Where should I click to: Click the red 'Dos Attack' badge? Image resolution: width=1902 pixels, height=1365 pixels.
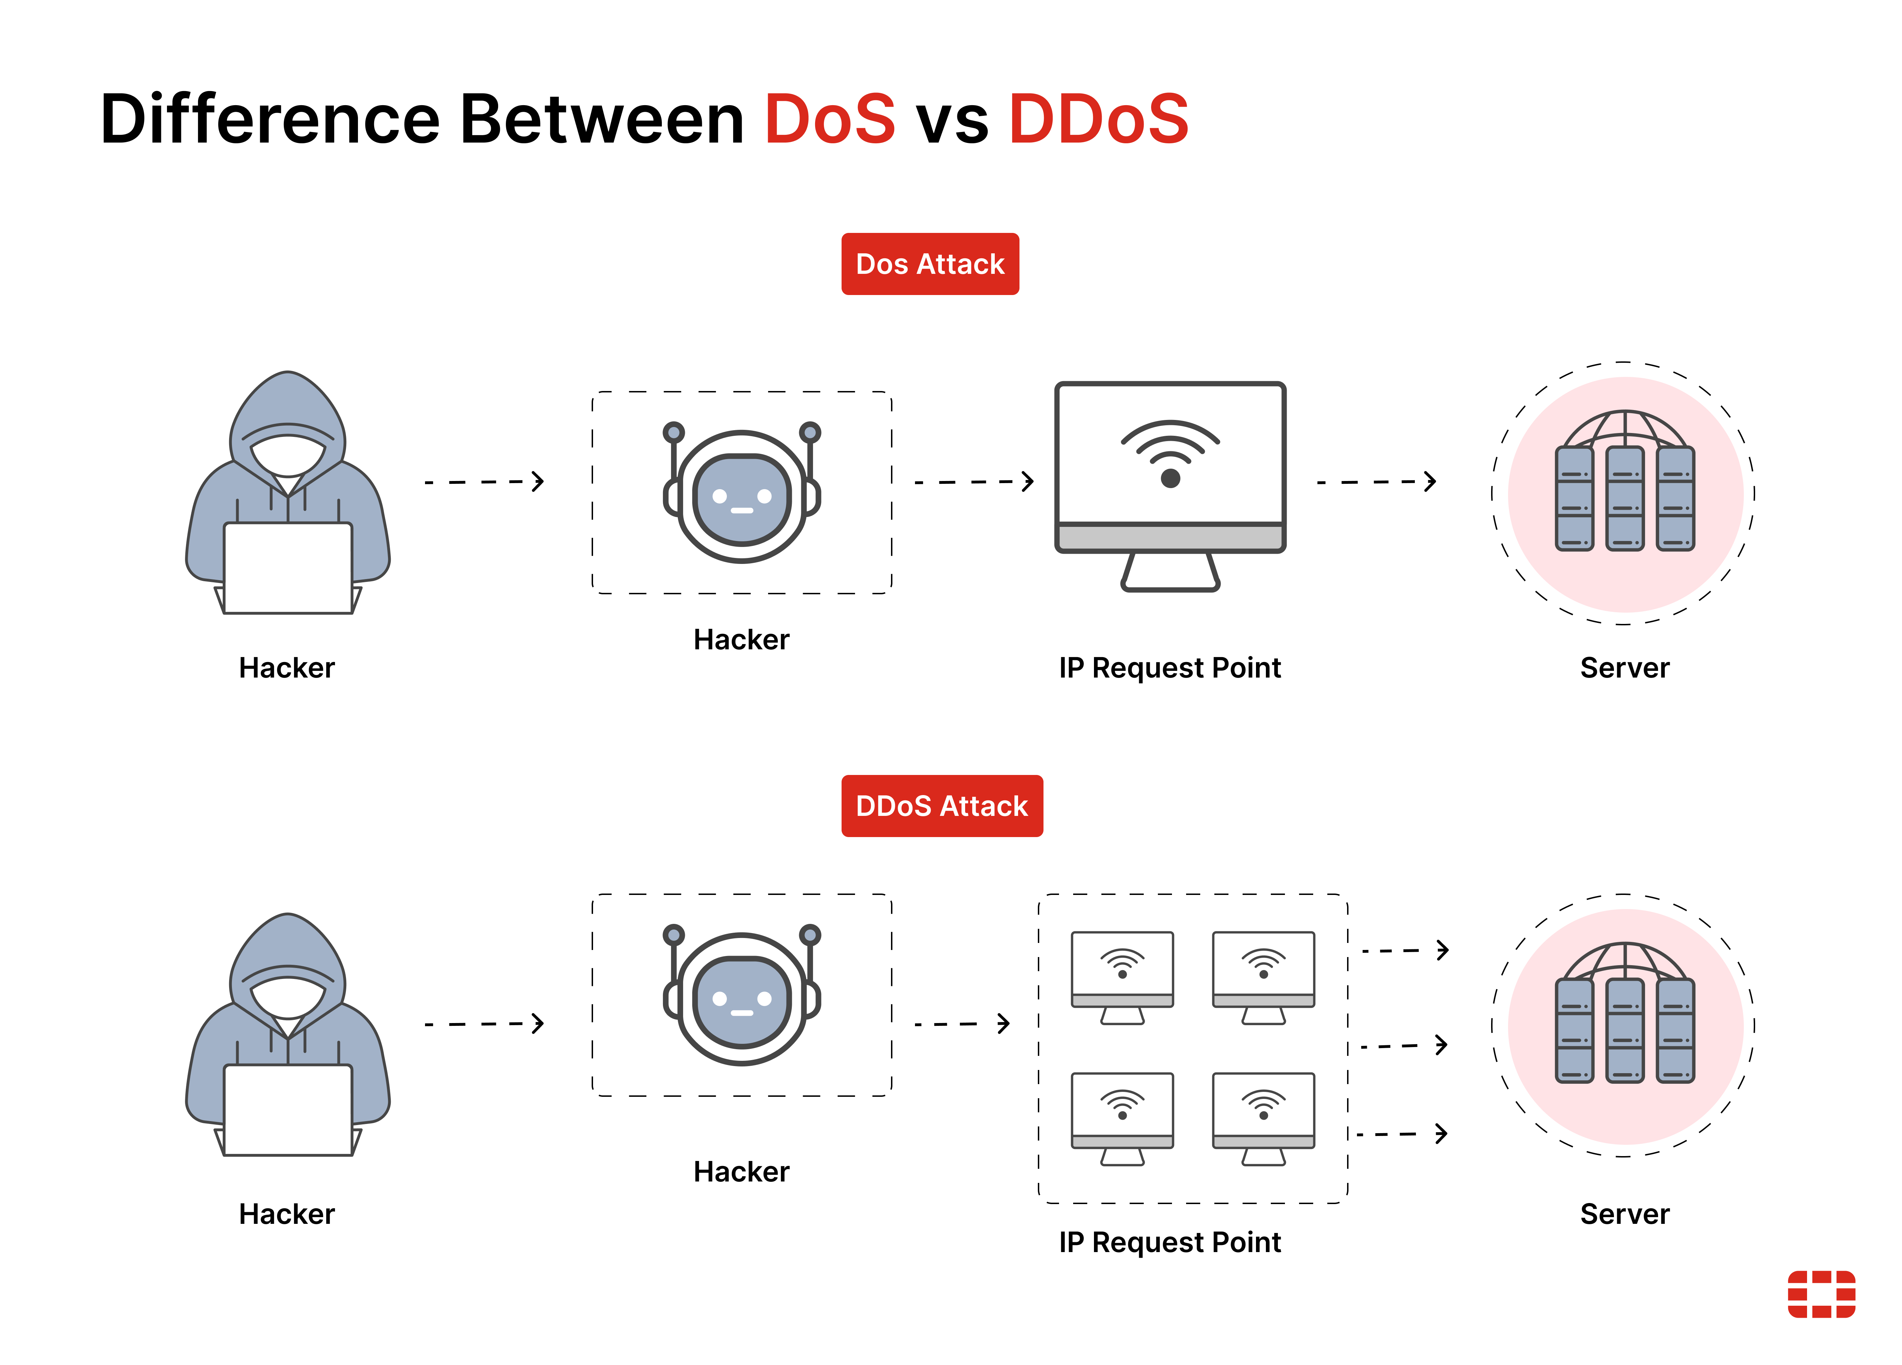tap(930, 264)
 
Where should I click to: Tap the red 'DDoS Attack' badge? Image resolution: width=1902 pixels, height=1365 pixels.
tap(942, 806)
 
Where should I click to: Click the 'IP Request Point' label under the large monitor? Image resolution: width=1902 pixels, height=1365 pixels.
tap(1170, 668)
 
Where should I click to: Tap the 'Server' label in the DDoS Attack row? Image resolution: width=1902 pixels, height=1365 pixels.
tap(1625, 1214)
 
